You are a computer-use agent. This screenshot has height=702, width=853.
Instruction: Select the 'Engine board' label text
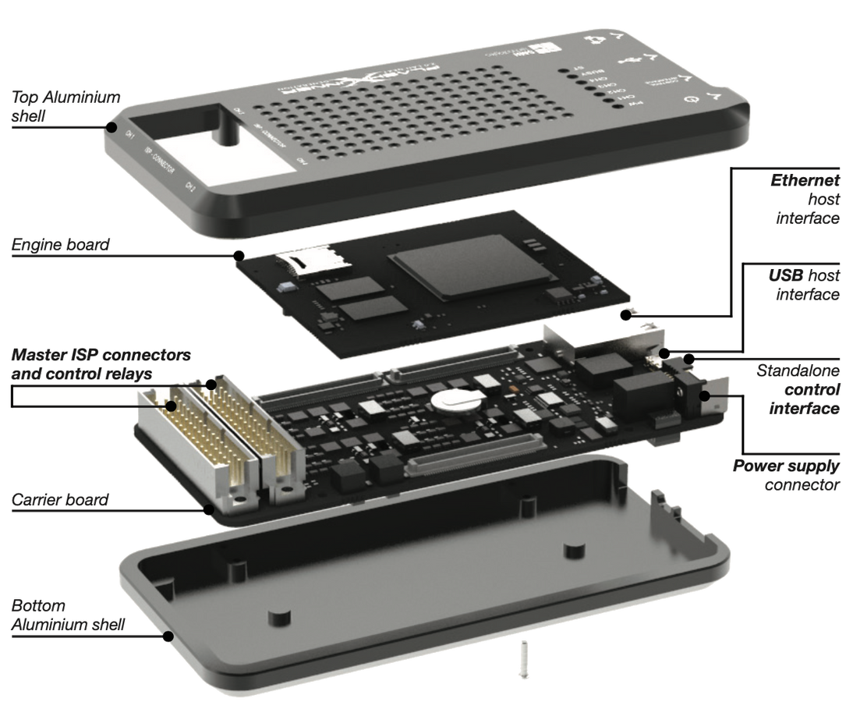[x=60, y=246]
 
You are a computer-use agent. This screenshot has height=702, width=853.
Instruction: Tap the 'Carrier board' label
[x=60, y=499]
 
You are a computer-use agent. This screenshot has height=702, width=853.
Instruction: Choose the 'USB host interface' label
[x=808, y=285]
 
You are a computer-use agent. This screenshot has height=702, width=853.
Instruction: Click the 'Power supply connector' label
[x=788, y=475]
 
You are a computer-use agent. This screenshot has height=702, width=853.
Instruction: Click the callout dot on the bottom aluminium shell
[x=168, y=636]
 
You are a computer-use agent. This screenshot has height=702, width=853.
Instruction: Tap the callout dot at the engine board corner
[x=239, y=254]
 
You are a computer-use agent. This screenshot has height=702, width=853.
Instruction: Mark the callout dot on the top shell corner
[x=112, y=126]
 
